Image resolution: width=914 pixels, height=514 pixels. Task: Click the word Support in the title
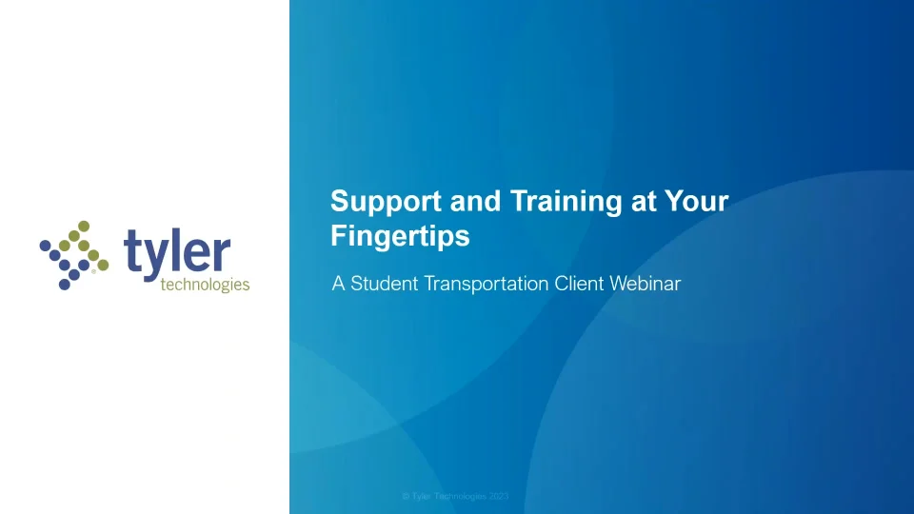386,202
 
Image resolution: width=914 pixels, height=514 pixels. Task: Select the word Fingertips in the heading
400,237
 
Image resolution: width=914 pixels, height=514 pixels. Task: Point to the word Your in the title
697,201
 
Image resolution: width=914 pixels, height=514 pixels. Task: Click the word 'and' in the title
475,201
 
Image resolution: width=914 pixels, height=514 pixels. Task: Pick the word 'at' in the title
644,202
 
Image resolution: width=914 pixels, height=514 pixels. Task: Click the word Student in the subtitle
384,284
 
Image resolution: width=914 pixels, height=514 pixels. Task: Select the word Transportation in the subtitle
487,285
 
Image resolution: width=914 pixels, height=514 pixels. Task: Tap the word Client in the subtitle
579,284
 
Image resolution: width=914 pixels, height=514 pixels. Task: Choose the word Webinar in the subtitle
646,284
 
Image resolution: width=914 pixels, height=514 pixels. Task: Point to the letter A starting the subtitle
338,284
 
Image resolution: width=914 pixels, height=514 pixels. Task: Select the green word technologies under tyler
206,285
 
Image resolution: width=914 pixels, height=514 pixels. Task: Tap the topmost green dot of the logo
84,227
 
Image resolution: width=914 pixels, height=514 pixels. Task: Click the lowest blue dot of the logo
64,285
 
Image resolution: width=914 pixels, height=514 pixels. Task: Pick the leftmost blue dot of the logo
45,246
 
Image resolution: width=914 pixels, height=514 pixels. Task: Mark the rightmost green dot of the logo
103,266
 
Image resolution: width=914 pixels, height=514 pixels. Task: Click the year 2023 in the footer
498,497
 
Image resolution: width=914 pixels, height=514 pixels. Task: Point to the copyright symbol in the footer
406,497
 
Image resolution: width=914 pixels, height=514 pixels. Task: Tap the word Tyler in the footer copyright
422,497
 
